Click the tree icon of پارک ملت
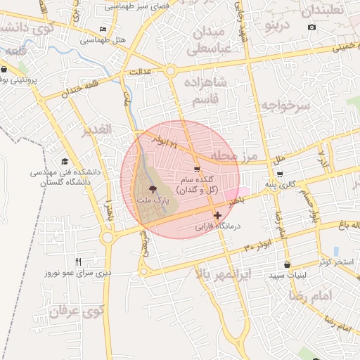point(153,188)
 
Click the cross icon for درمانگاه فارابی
point(217,214)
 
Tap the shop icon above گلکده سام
point(197,169)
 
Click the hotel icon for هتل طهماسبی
point(104,30)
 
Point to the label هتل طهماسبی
point(108,40)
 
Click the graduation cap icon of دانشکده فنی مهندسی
point(65,161)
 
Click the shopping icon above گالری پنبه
point(280,174)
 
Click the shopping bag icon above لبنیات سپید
point(286,265)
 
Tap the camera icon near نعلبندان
point(312,27)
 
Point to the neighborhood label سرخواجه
point(286,106)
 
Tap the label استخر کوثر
point(333,262)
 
